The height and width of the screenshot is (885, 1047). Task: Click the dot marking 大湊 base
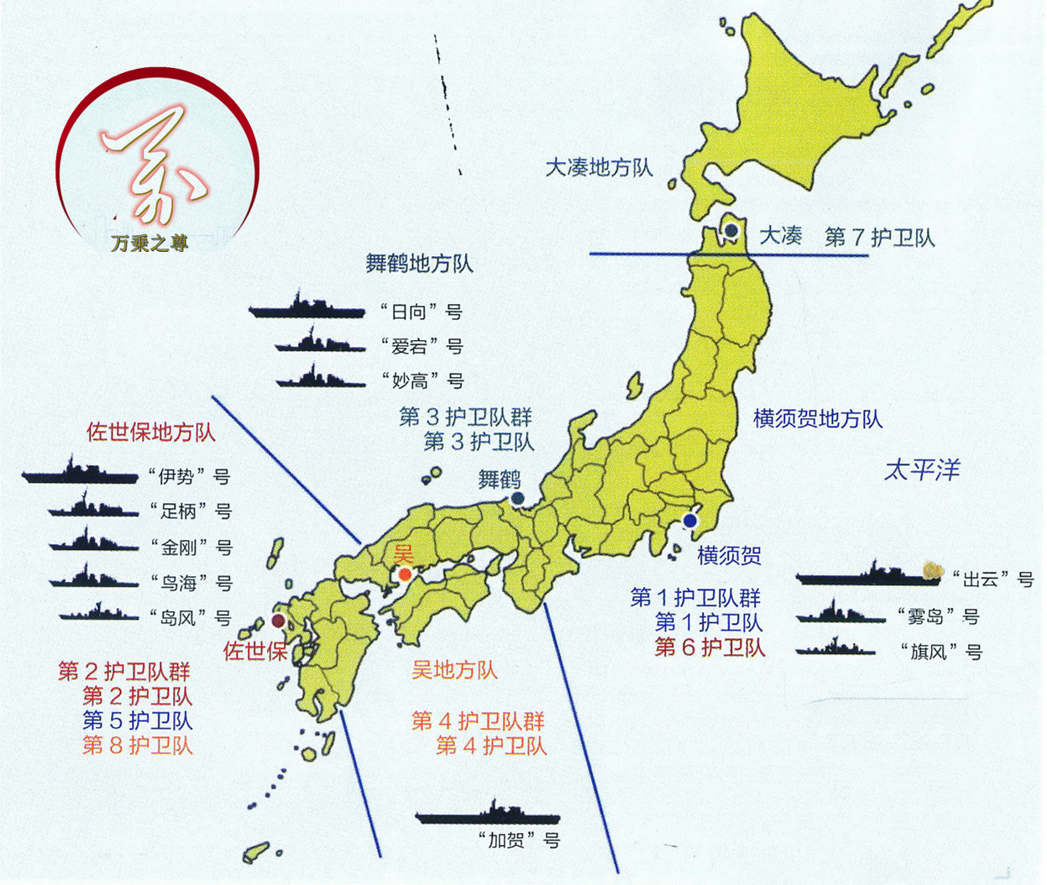pos(731,231)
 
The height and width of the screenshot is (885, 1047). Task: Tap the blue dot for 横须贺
pos(690,521)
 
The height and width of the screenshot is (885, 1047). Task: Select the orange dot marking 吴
pos(406,575)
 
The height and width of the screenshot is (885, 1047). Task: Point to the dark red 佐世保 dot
pos(278,621)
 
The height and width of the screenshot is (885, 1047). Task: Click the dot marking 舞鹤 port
pos(517,499)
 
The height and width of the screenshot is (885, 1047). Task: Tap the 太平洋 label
pos(921,469)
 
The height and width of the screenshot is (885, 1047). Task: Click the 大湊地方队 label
pos(599,168)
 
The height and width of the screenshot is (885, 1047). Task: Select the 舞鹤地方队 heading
pos(419,264)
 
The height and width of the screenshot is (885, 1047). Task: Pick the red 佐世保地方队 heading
pos(151,432)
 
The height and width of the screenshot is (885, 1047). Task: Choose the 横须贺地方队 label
pos(818,418)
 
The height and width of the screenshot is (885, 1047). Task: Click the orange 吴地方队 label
pos(454,670)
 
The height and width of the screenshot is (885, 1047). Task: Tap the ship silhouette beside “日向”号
pos(306,308)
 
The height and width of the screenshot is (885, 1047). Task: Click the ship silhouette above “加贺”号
pos(487,814)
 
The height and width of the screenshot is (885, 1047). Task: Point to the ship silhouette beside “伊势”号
pos(80,474)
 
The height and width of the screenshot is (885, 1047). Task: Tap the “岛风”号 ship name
pos(189,618)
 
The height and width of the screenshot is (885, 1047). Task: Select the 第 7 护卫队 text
pos(879,238)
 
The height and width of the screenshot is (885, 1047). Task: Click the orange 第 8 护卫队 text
pos(138,745)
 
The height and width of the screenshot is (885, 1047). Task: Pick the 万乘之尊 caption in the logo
pos(149,244)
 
